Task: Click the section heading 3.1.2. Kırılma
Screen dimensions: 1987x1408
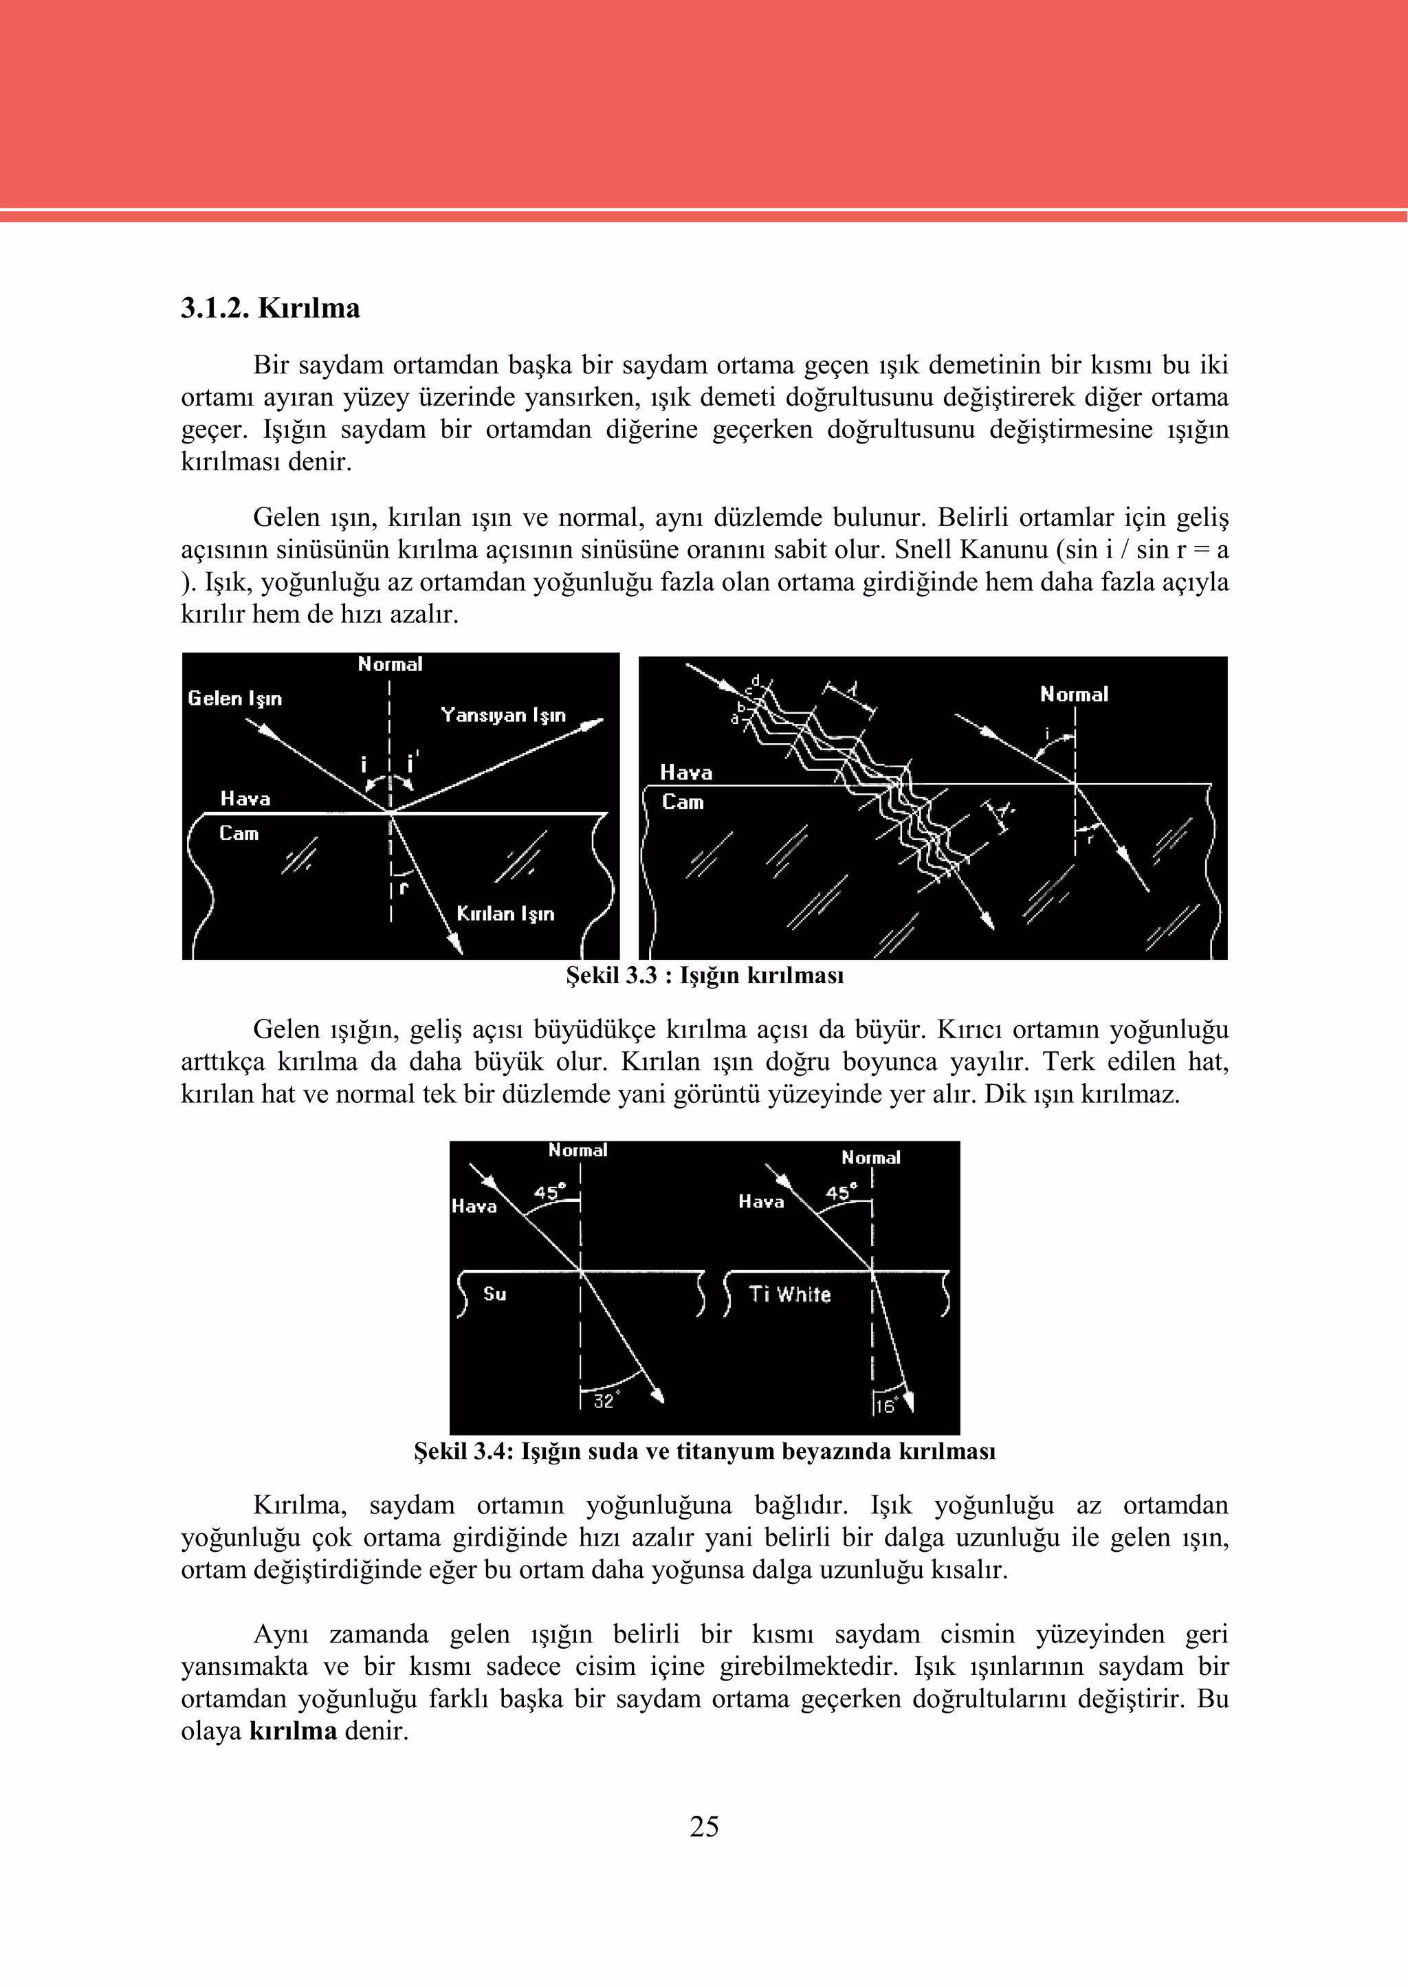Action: [269, 309]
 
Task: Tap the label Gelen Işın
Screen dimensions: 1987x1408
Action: [235, 698]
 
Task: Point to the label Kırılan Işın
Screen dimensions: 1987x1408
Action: [505, 914]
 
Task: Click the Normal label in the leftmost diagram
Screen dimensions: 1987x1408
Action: [390, 664]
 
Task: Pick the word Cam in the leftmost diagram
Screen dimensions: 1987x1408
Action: [239, 833]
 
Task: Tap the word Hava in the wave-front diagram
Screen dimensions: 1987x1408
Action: [686, 771]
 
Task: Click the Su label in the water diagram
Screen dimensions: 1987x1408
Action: [494, 1293]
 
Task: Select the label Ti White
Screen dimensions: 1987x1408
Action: [790, 1295]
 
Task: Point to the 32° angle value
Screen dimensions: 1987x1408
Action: [604, 1401]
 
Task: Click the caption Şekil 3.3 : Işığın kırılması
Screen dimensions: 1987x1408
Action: [704, 976]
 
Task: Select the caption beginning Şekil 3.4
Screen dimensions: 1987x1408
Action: [704, 1451]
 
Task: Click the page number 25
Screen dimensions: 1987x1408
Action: [704, 1827]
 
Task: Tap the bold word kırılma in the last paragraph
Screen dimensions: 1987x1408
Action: [293, 1731]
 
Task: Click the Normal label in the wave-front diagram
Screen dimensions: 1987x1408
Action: [1074, 694]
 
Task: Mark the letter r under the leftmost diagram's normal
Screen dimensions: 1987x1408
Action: [403, 887]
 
